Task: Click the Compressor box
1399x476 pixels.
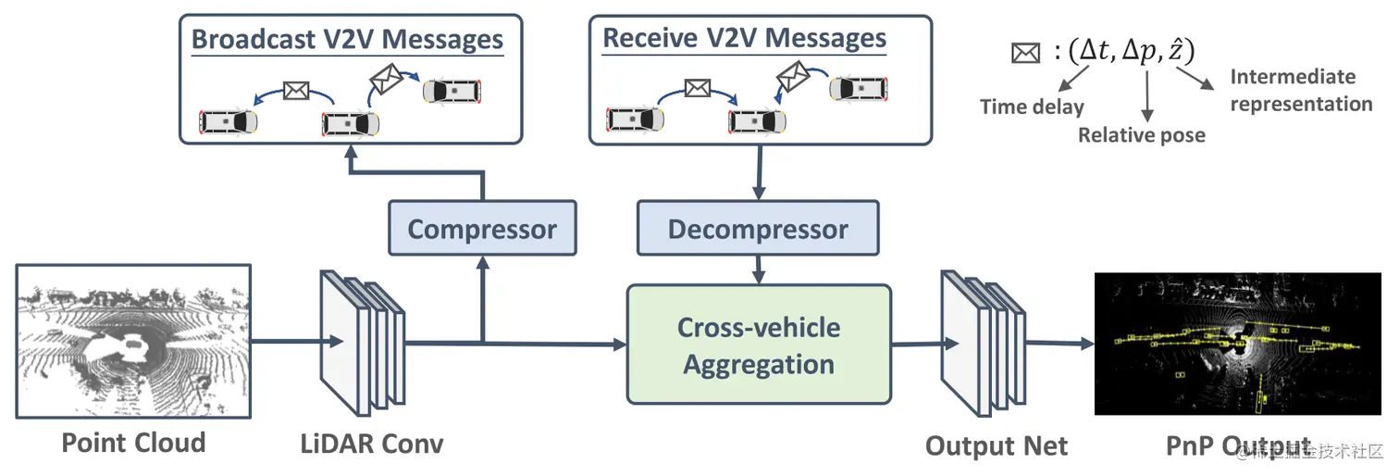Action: pos(482,229)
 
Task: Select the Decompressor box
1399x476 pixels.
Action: pos(758,229)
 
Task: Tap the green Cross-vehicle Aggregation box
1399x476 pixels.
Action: pos(759,344)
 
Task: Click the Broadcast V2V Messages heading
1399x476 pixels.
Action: pos(347,40)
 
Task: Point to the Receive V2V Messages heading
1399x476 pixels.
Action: pos(744,39)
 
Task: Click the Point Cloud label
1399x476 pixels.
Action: pos(133,443)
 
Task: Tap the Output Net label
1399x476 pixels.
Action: pos(996,446)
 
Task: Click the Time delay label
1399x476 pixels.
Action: pos(1032,106)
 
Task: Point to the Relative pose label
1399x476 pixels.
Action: pos(1141,135)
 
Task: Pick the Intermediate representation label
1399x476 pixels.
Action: pos(1300,90)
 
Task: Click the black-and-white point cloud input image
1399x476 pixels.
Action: pos(133,340)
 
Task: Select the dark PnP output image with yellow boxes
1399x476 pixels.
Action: pos(1236,344)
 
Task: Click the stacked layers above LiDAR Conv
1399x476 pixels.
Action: pos(362,343)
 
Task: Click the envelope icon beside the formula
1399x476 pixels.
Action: pos(1025,53)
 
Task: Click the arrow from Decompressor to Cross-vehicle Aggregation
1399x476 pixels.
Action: pos(759,269)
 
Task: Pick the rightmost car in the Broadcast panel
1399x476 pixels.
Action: pos(452,91)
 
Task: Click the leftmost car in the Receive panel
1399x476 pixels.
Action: pos(635,119)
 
